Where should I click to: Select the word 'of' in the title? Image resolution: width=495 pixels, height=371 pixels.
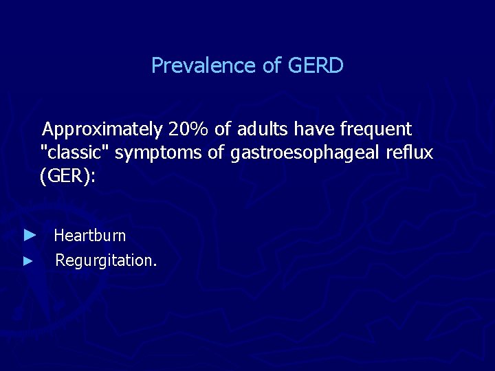pos(271,66)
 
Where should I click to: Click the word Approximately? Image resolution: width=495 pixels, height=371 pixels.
pos(102,130)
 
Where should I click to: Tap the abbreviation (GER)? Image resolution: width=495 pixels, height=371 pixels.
pos(68,177)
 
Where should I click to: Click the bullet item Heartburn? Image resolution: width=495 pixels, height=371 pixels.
pos(90,236)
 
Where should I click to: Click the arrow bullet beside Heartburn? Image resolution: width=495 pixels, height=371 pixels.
pos(28,236)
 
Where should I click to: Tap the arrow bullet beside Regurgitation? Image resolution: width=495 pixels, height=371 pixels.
pos(27,261)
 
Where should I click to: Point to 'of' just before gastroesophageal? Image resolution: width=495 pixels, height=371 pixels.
pos(216,153)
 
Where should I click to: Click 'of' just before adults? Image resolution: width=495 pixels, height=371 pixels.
pos(221,129)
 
